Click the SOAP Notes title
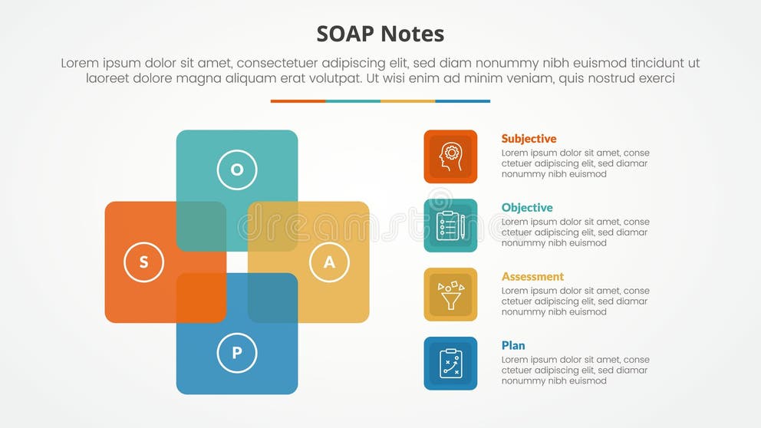380,34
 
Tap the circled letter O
237,170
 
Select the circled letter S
143,262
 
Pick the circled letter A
329,262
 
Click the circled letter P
237,354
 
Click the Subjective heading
529,139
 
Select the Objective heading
527,208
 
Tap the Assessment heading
532,277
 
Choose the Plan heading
513,346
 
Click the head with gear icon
450,156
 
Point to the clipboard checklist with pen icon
450,226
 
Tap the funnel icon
450,295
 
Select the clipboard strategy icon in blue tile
450,364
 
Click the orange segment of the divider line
298,101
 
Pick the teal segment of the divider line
353,101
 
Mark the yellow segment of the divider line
407,101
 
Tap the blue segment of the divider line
463,101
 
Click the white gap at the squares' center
237,262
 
